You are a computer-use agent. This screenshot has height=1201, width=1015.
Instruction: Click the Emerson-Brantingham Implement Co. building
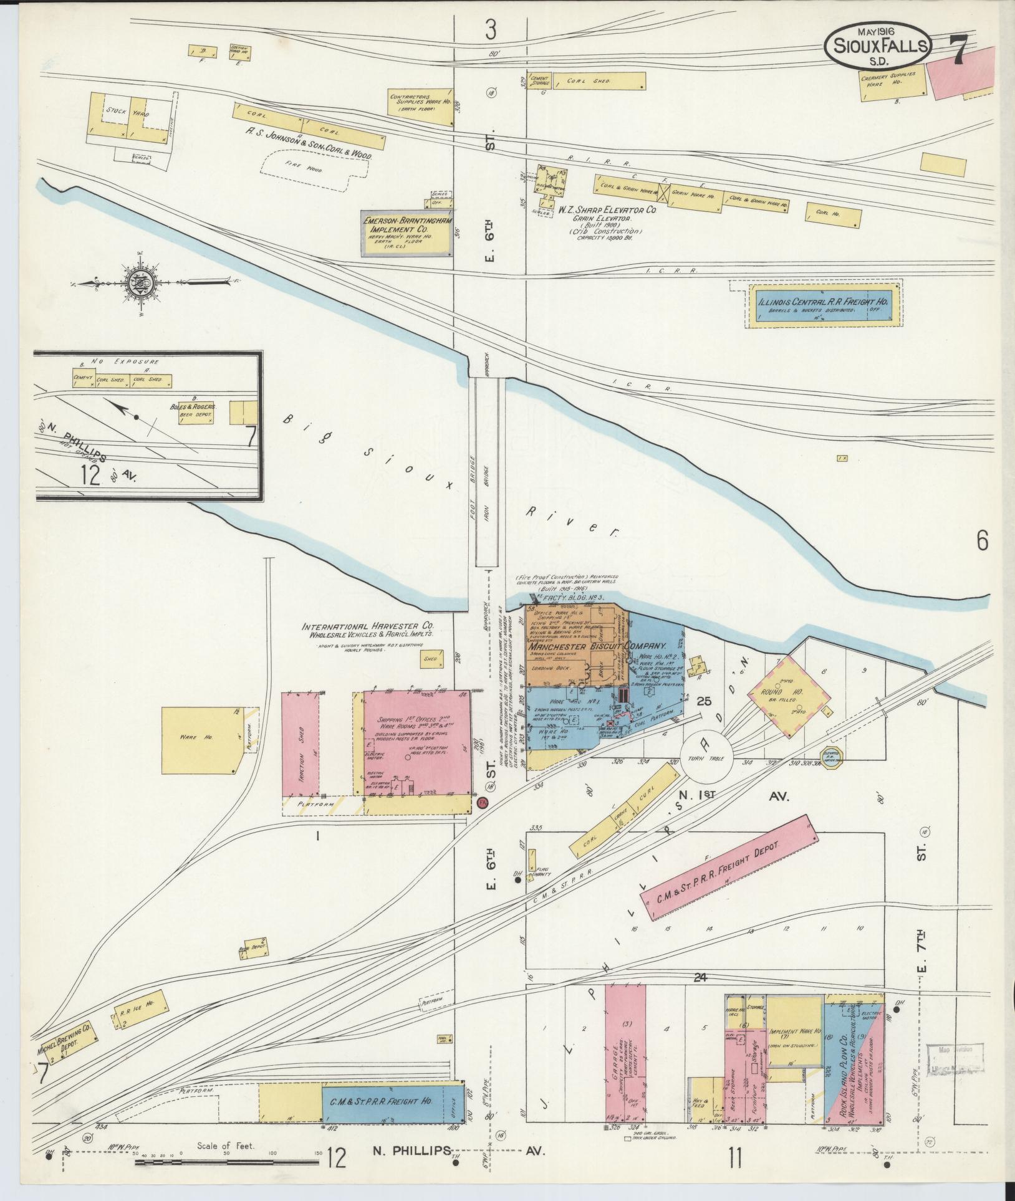point(406,234)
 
